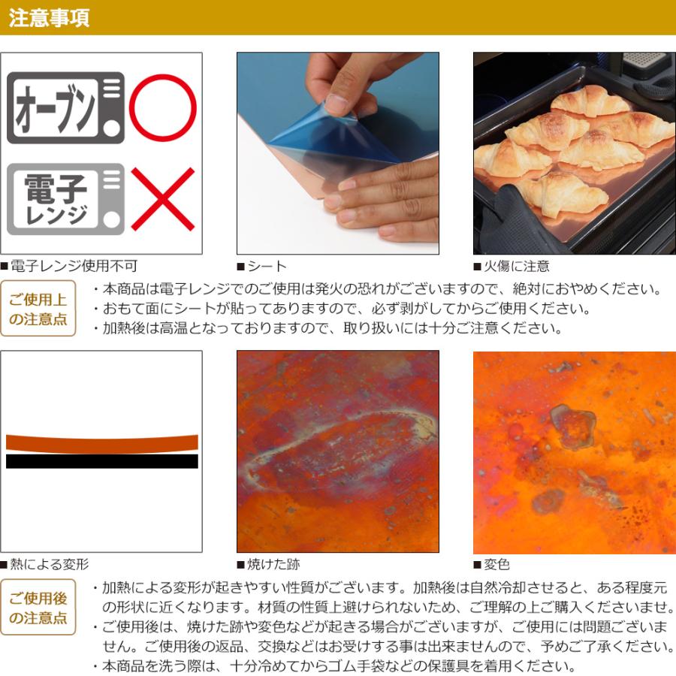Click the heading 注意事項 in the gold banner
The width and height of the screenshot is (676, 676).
point(50,18)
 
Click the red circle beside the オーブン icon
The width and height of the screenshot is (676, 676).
point(162,108)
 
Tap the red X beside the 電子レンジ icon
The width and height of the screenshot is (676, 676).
point(162,199)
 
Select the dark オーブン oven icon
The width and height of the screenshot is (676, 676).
point(65,108)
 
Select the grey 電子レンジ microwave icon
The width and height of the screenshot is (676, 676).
point(65,199)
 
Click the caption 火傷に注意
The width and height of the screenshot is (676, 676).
point(515,266)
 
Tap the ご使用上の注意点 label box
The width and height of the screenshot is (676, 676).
point(38,309)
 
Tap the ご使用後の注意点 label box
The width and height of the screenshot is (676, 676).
point(38,608)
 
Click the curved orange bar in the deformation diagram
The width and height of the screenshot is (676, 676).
point(102,442)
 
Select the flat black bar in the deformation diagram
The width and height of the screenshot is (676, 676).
point(102,461)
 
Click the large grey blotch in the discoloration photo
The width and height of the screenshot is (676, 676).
point(572,427)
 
